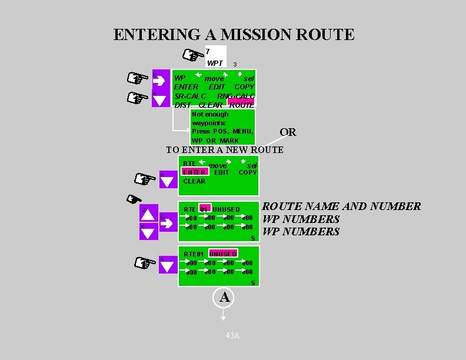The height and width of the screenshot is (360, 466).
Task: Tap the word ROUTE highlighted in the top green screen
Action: pos(242,105)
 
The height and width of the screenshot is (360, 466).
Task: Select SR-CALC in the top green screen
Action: pos(190,96)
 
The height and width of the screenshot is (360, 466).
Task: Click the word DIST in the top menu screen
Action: pos(183,105)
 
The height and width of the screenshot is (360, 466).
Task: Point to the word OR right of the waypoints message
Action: pos(288,132)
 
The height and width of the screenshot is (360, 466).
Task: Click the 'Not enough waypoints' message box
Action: pos(223,127)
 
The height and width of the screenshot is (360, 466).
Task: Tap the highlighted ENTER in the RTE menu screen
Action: pos(194,172)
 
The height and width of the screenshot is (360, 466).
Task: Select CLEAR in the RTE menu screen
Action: pos(194,181)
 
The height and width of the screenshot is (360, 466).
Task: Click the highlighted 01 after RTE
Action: pos(204,209)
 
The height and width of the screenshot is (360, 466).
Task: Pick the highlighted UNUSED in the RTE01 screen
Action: pos(223,254)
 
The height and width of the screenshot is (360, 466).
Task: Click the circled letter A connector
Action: pos(224,298)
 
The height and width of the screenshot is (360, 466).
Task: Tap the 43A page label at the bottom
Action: pos(232,335)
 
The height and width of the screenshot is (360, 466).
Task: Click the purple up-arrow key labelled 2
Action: pos(148,214)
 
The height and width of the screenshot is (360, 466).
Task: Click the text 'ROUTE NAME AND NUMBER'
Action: pos(341,206)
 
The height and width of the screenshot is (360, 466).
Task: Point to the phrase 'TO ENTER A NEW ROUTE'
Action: pos(225,150)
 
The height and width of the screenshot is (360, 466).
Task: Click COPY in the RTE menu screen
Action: pos(247,172)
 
